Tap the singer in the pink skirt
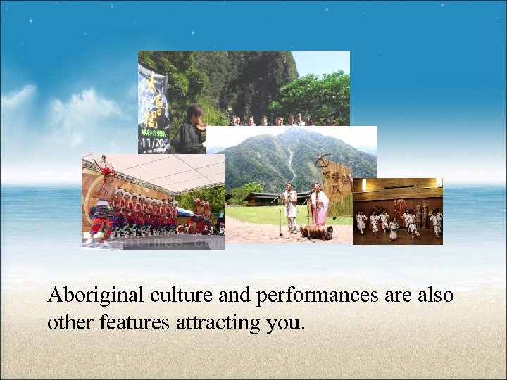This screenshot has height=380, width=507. coord(318,205)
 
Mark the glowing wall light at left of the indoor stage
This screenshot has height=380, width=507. coord(364,184)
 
